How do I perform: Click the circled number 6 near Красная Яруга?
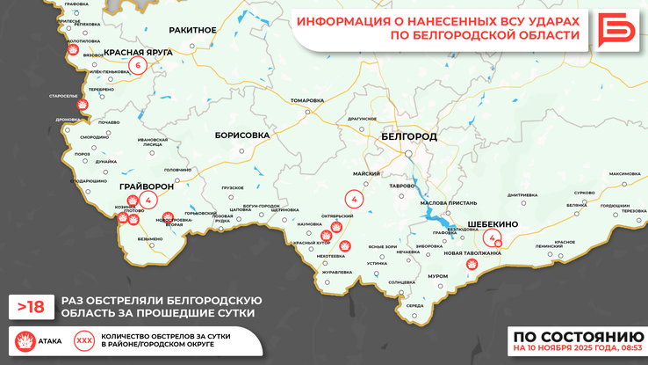point(138,64)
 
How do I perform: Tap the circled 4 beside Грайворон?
point(148,201)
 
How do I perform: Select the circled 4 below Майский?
point(354,201)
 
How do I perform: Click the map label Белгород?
point(409,137)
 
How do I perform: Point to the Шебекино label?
point(493,224)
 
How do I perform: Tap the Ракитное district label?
point(192,30)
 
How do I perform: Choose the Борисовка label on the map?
point(241,135)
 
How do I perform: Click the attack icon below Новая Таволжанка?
point(472,264)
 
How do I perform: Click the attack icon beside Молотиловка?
point(72,52)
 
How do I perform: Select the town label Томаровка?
point(306,100)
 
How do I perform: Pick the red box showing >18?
point(31,306)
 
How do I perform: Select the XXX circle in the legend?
point(84,339)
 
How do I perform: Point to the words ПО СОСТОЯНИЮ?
point(578,336)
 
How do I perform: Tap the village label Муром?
point(437,276)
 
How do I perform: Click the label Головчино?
point(177,170)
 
